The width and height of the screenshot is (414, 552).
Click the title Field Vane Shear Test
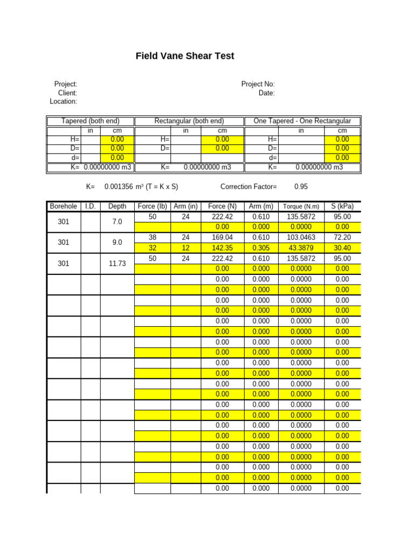(185, 56)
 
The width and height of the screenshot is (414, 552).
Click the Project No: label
(258, 84)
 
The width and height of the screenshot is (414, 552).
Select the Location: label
(63, 101)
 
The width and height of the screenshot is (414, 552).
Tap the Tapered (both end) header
(91, 121)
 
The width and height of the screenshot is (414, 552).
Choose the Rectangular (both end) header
(189, 121)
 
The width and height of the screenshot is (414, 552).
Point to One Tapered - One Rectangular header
(302, 121)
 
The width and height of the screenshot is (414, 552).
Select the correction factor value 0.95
(301, 187)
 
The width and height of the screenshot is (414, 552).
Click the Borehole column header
(64, 206)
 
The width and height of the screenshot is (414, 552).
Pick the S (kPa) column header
(342, 206)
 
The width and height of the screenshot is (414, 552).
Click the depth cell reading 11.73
(117, 264)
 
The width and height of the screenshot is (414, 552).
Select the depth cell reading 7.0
(117, 222)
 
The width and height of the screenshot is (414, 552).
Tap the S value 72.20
(342, 237)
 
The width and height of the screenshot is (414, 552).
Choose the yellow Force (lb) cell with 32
(152, 248)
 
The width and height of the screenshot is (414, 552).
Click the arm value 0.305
(261, 248)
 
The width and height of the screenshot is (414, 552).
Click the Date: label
(266, 93)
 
